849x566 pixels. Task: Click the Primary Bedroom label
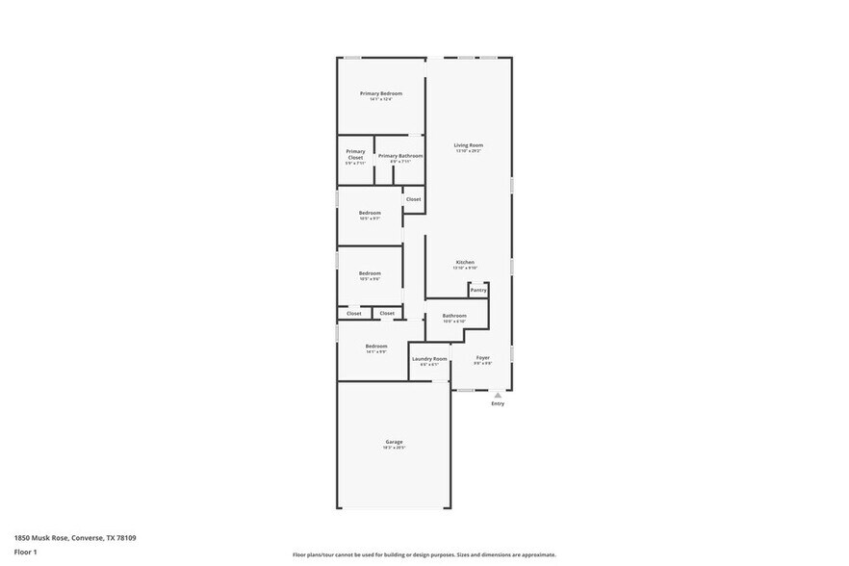pos(381,93)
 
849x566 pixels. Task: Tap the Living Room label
pos(469,145)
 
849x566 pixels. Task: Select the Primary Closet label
pos(355,154)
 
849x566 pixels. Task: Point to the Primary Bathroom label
pos(400,156)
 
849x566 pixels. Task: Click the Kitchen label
pos(465,262)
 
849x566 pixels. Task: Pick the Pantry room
pos(478,290)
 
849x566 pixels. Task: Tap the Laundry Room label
pos(429,358)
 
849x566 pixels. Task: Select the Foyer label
pos(482,357)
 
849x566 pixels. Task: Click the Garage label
pos(395,442)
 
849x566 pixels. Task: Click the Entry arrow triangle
pos(498,395)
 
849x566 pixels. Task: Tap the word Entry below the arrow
pos(498,403)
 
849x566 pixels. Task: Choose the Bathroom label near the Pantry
pos(454,316)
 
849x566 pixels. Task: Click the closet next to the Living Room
pos(413,199)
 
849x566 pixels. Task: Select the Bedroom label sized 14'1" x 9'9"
pos(376,346)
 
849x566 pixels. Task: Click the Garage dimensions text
pos(395,448)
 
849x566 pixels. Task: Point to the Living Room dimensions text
pos(469,151)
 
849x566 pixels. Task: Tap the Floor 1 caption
pos(25,552)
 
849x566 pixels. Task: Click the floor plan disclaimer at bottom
pos(424,554)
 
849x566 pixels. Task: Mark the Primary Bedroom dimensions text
pos(381,99)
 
